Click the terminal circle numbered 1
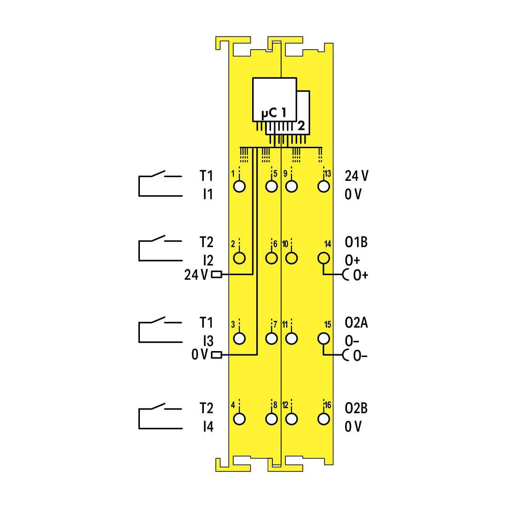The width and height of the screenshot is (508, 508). (239, 186)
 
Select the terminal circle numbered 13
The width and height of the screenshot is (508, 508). (323, 186)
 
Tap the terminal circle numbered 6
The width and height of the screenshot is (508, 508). (271, 258)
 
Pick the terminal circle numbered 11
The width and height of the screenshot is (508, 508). (292, 339)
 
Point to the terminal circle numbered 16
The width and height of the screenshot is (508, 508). (323, 419)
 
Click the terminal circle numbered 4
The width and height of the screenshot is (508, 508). (239, 419)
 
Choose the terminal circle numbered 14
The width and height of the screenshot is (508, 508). (323, 258)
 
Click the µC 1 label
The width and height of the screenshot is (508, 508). (274, 113)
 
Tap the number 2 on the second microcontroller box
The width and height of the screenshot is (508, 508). (301, 126)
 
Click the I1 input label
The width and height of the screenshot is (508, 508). (208, 194)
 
